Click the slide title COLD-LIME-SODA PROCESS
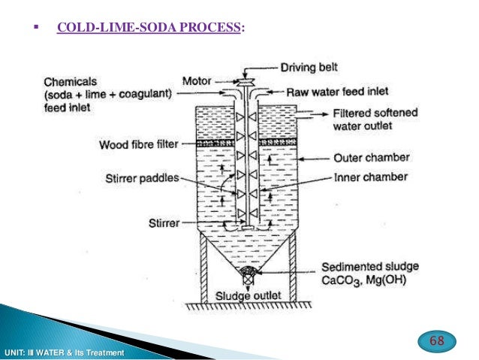coord(150,28)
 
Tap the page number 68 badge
coord(436,341)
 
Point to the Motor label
coord(196,80)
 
